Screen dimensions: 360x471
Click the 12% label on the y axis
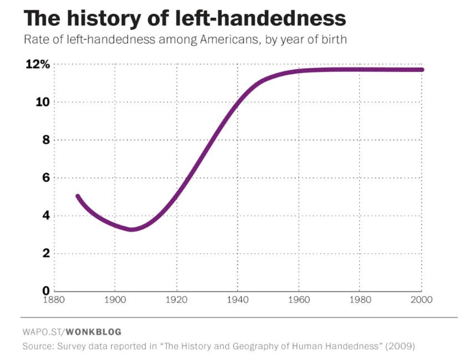click(x=38, y=64)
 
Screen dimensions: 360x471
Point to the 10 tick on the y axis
click(x=43, y=102)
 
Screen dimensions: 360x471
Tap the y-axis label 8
click(x=46, y=140)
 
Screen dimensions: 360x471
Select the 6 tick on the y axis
click(x=46, y=178)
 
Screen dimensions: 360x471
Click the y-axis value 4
click(x=46, y=215)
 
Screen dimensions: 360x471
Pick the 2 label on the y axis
click(x=46, y=253)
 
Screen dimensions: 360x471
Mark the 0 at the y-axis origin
click(x=46, y=291)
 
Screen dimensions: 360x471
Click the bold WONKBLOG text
click(x=94, y=332)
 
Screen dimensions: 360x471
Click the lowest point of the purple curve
click(x=131, y=229)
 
